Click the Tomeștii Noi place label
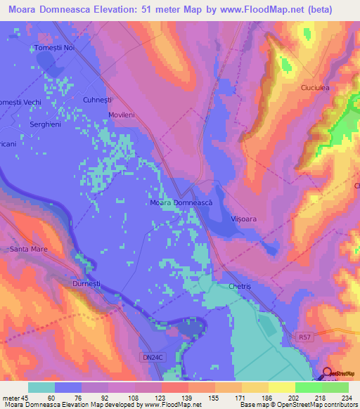pyautogui.click(x=54, y=48)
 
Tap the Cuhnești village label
pyautogui.click(x=98, y=100)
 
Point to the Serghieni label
pyautogui.click(x=47, y=124)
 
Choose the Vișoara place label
pyautogui.click(x=245, y=219)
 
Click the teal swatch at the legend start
pyautogui.click(x=41, y=387)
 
